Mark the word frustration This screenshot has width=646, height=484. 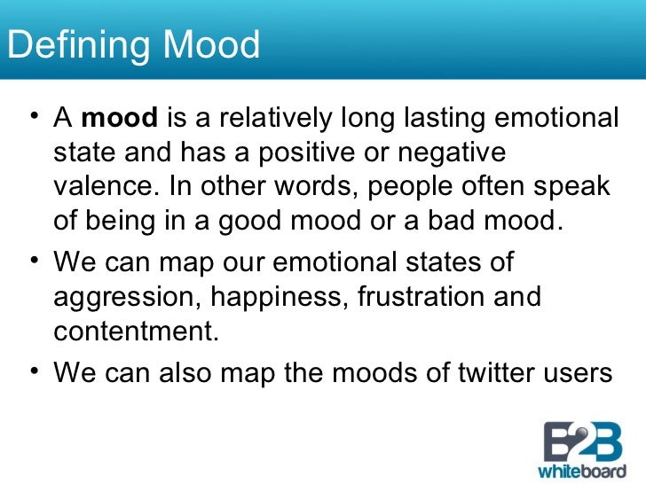(x=425, y=297)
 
